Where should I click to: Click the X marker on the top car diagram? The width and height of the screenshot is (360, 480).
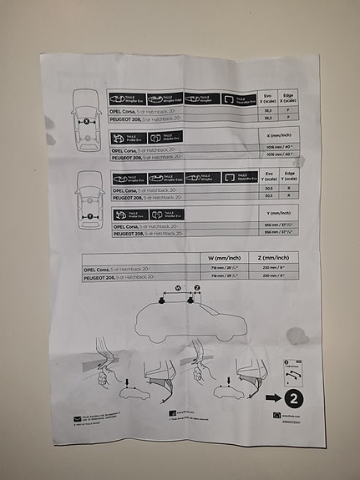88,122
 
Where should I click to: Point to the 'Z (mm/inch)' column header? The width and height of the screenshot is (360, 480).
274,259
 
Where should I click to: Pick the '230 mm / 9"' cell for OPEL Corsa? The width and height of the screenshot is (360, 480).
274,269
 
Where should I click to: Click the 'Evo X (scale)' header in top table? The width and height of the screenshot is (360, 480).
268,98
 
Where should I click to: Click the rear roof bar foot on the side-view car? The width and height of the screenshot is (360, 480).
160,305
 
